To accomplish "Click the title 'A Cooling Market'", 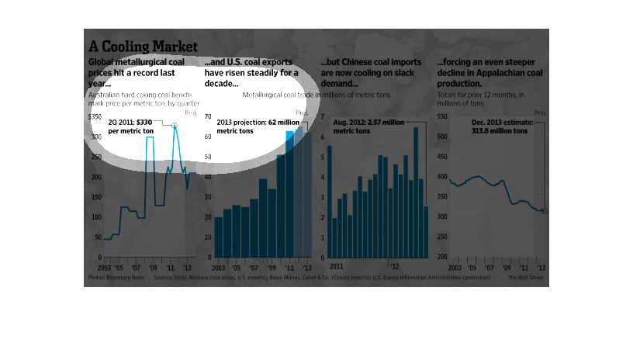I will pos(143,46).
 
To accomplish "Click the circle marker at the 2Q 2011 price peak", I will pos(175,126).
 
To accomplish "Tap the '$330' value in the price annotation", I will pos(144,123).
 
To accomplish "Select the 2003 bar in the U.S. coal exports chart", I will pos(219,237).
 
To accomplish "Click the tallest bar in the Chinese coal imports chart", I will pos(416,191).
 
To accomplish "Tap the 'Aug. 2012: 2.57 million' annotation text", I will pos(368,123).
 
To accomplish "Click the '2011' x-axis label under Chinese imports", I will pos(335,265).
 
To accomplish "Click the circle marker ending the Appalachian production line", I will pos(545,211).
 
